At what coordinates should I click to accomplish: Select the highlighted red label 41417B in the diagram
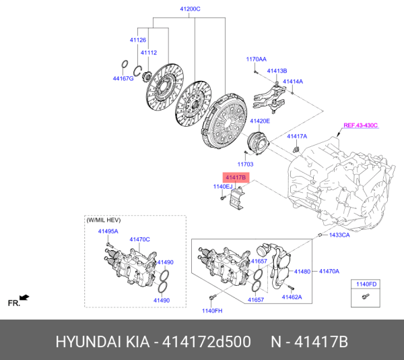[236, 177]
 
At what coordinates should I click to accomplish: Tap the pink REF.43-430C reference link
[361, 125]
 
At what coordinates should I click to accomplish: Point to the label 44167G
[123, 79]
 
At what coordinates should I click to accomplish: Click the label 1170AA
[256, 59]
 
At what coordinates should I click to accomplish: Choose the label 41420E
[260, 121]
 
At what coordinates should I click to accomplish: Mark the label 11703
[245, 164]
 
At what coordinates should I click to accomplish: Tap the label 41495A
[108, 231]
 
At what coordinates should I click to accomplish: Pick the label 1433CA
[339, 235]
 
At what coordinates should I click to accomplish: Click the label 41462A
[292, 297]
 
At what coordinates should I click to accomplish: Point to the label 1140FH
[211, 310]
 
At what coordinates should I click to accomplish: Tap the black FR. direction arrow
[25, 297]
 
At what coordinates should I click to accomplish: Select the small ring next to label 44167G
[124, 65]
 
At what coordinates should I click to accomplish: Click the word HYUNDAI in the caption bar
[88, 342]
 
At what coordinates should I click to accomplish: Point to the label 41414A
[292, 82]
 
